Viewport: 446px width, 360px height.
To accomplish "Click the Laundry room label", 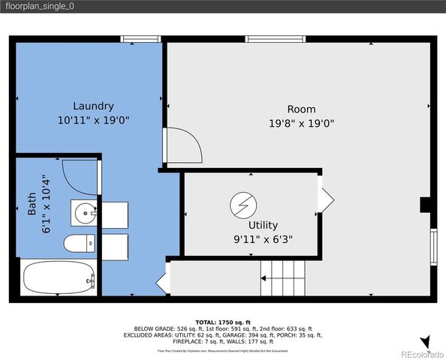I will [x=93, y=106].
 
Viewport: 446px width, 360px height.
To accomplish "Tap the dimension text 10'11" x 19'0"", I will [x=93, y=120].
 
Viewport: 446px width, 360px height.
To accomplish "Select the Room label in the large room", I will [x=301, y=109].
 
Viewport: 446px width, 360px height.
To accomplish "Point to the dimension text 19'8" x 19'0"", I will [x=301, y=123].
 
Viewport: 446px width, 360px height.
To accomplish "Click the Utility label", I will [x=263, y=225].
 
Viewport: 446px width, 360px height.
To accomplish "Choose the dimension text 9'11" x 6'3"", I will [x=263, y=239].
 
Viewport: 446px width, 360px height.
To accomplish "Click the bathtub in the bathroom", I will [x=59, y=280].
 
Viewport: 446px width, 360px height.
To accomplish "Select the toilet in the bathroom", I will [x=79, y=243].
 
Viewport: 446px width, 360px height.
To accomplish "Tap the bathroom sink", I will [x=84, y=213].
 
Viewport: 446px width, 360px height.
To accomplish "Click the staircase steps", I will [x=283, y=278].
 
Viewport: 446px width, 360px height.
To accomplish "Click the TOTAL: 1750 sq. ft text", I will [x=223, y=321].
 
